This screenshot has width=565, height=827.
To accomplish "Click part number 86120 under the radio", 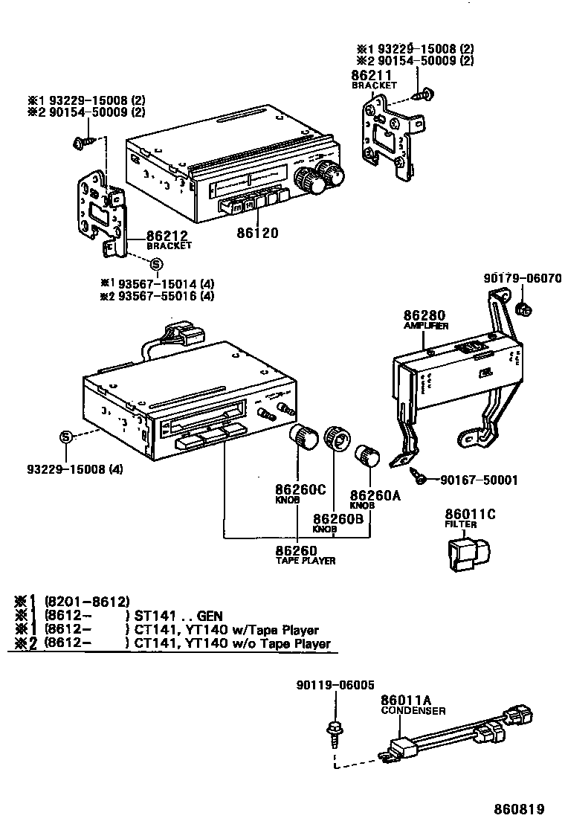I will pos(257,233).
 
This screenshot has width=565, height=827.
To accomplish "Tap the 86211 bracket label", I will pos(372,76).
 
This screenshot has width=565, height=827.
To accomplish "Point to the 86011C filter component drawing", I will pos(464,556).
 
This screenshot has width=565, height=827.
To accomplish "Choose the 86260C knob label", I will pos(301,491).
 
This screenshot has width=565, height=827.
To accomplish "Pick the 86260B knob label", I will pos(338,519).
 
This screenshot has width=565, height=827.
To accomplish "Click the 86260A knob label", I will pos(375,495).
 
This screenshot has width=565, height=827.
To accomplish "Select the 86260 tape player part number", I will pos(297,550).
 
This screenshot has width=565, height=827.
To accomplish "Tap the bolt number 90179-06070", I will pos(522,279).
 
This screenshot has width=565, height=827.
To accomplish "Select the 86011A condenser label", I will pos(406,700).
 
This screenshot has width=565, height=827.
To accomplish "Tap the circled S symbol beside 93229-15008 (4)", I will pos(65,437).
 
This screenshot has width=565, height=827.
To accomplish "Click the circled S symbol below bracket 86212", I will pos(155,264).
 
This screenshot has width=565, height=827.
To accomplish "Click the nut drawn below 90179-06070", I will pos(522,308).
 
